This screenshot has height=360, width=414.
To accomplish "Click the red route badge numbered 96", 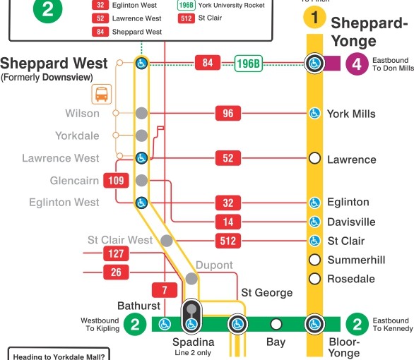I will [x=227, y=113].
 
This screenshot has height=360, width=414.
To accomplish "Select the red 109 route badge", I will [x=117, y=181].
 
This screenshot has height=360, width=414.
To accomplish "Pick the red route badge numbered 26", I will [x=115, y=272].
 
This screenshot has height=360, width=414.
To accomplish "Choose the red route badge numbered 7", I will [x=164, y=289].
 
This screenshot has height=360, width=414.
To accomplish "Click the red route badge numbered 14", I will [x=227, y=222].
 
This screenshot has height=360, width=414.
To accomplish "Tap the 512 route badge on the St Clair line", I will [x=227, y=241].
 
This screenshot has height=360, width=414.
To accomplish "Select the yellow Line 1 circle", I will [x=315, y=16].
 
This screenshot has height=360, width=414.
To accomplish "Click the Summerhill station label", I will [x=356, y=260].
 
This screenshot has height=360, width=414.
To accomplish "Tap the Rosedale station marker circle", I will [x=315, y=279].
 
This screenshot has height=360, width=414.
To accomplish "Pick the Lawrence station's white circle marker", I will [x=315, y=159].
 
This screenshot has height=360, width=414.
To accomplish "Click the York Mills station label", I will [x=351, y=114].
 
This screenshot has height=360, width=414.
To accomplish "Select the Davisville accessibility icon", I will [x=315, y=222].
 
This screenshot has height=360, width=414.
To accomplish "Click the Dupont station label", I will [x=215, y=266].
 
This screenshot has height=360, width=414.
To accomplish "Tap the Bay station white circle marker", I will [x=276, y=325].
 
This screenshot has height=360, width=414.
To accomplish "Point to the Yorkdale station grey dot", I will [x=141, y=135].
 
